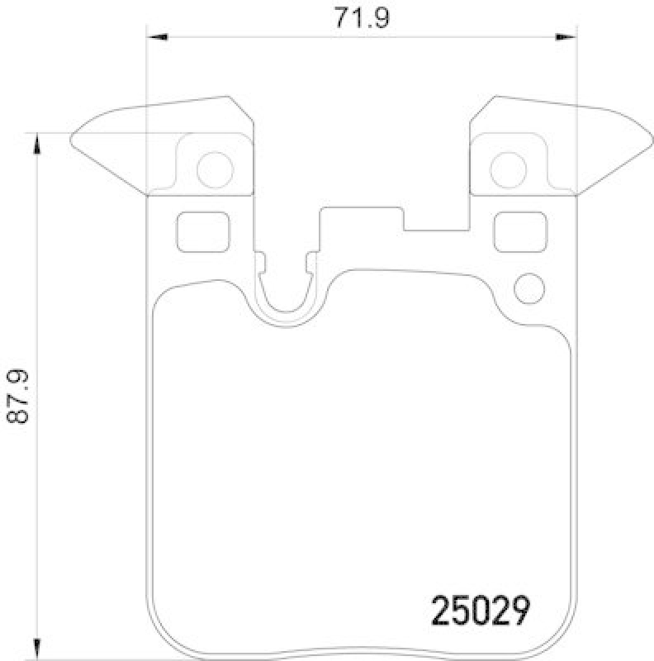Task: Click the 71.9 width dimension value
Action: pos(359,17)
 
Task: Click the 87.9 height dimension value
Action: pos(18,397)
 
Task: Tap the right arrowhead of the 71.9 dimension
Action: pos(566,36)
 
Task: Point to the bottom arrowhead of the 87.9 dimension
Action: pos(36,644)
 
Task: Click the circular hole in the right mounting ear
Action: pos(509,169)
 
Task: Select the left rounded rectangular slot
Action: pos(202,231)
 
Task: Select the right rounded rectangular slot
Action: pos(519,231)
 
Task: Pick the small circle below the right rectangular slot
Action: pos(529,288)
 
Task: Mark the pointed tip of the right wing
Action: pos(650,140)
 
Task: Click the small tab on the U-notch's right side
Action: pos(310,263)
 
